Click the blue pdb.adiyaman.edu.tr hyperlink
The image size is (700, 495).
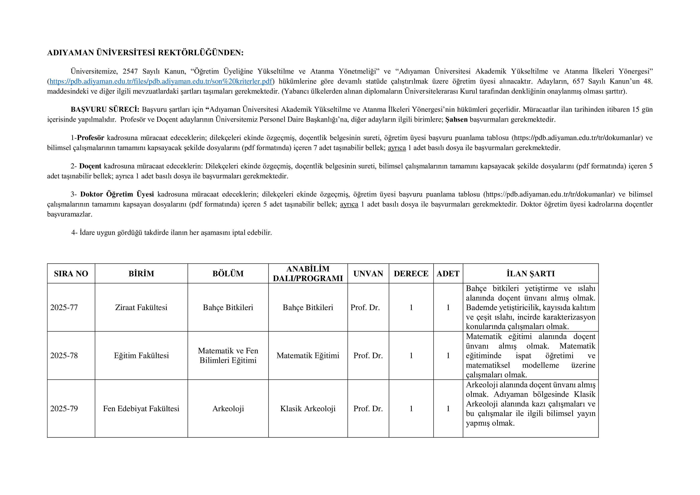pos(161,81)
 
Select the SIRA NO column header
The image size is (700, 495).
pos(71,273)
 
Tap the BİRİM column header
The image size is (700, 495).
pos(141,273)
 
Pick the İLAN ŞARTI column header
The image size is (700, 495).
pos(531,273)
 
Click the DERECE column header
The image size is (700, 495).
pos(411,273)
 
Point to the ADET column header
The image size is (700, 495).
pos(448,273)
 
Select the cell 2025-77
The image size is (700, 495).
pos(64,307)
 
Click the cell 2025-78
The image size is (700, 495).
pos(64,355)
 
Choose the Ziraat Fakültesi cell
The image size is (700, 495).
pos(141,307)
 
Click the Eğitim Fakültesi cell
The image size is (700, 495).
pos(141,355)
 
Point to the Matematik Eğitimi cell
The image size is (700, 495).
pos(308,355)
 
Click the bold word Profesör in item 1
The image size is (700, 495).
pos(91,138)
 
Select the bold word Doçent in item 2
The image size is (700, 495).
pos(90,166)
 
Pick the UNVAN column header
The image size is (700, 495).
pos(368,273)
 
